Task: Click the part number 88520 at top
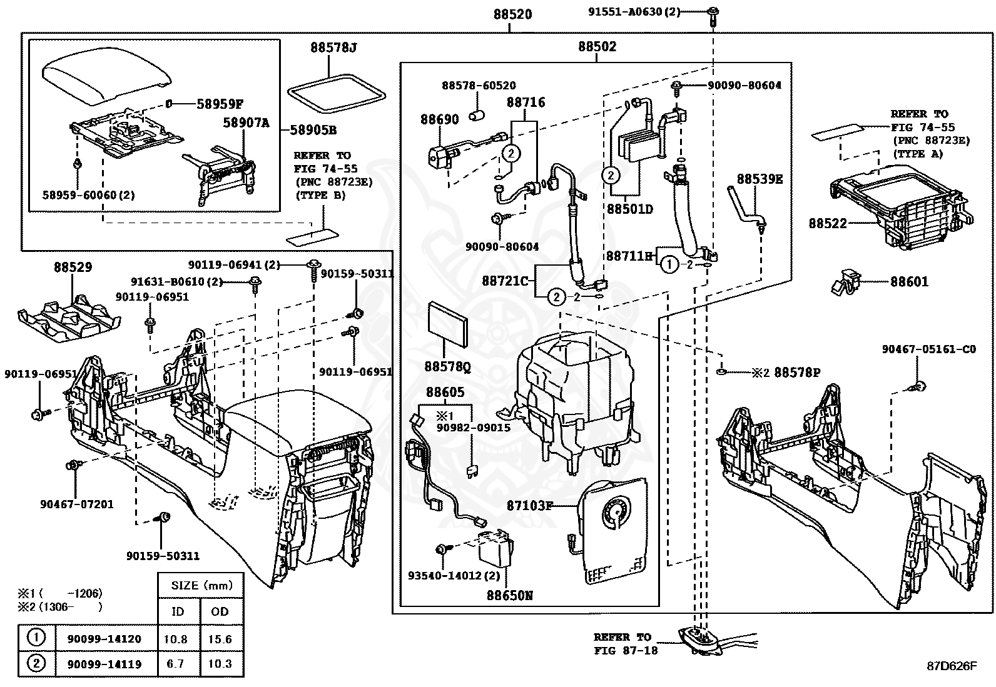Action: point(512,14)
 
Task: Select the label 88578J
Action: point(333,47)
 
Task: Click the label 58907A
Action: point(246,123)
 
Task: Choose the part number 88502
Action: point(597,46)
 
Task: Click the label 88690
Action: point(439,119)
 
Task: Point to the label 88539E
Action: point(760,179)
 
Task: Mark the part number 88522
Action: point(828,223)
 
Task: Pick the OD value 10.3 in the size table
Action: point(220,664)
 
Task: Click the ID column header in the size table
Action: point(178,611)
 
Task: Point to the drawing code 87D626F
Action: point(952,666)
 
